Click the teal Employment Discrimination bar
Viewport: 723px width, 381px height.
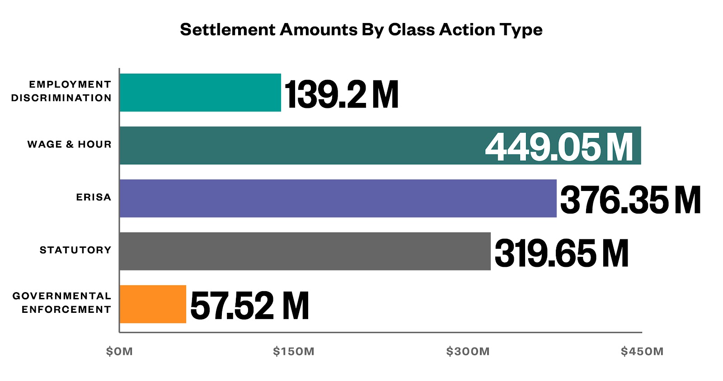click(x=200, y=93)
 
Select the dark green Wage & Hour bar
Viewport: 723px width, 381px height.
click(x=298, y=145)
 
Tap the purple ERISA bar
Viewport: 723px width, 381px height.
click(x=338, y=198)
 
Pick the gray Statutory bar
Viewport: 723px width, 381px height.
click(x=305, y=251)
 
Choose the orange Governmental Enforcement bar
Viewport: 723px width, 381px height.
click(x=153, y=304)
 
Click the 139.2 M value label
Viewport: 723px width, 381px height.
click(x=341, y=94)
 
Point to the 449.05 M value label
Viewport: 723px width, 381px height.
click(x=559, y=147)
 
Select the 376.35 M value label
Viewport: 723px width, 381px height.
click(x=630, y=200)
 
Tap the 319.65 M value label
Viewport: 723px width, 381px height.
click(x=561, y=253)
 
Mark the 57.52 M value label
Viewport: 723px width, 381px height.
click(x=249, y=306)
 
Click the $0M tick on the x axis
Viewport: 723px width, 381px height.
click(x=119, y=352)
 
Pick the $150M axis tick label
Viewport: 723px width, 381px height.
click(x=294, y=352)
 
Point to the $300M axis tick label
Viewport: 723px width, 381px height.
click(x=468, y=352)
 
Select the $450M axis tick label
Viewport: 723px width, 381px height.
click(x=642, y=352)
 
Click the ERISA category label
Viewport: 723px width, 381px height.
click(x=94, y=197)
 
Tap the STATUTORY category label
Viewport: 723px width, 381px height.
click(x=75, y=250)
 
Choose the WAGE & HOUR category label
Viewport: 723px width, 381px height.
click(x=69, y=144)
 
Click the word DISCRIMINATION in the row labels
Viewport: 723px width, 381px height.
click(x=61, y=98)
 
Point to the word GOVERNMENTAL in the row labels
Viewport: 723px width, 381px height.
click(x=62, y=296)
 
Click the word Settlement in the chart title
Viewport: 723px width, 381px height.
click(x=227, y=30)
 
